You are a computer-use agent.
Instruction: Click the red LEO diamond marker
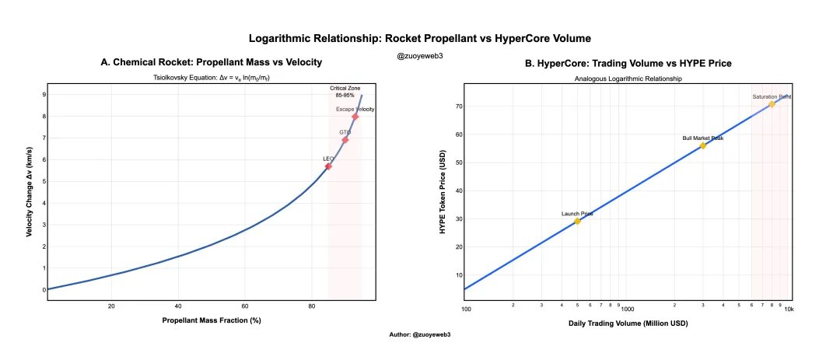(328, 166)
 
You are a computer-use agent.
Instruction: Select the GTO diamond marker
(345, 140)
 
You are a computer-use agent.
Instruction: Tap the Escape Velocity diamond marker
(355, 117)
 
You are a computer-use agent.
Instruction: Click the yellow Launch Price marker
(577, 222)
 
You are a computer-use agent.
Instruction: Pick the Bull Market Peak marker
(703, 145)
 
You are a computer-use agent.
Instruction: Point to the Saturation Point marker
(772, 104)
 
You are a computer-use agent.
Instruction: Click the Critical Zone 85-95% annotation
(344, 92)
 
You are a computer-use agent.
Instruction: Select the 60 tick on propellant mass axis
(245, 306)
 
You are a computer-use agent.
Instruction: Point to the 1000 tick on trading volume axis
(627, 309)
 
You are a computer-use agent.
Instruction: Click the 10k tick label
(789, 309)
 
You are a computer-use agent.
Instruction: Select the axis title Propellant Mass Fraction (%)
(211, 321)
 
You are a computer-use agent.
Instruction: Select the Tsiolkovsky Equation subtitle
(211, 79)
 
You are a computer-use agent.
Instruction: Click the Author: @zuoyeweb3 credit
(420, 334)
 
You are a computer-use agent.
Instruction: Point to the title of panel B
(628, 63)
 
